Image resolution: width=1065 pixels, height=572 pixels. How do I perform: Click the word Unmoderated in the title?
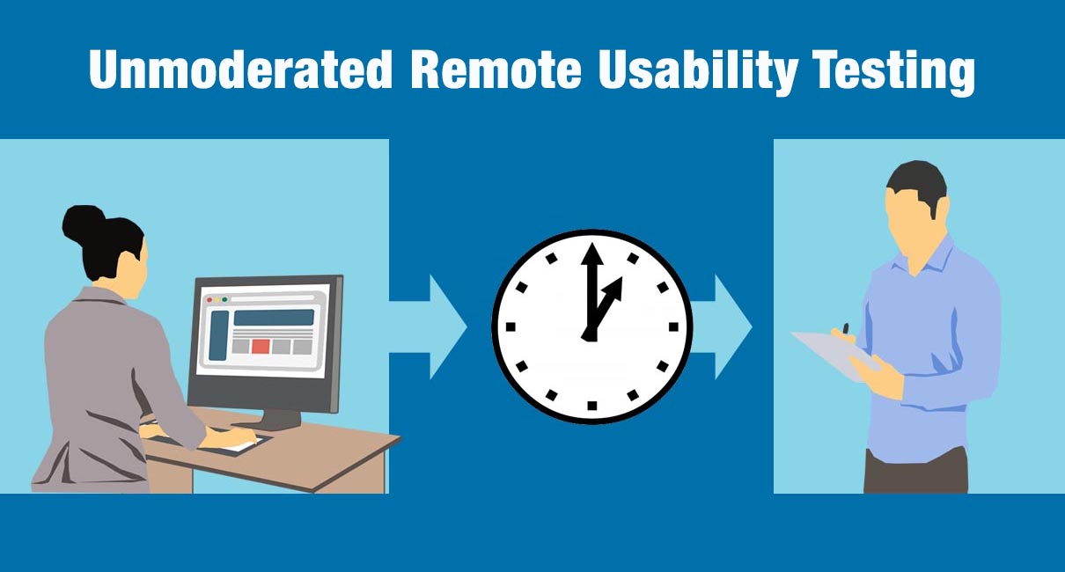[x=239, y=70]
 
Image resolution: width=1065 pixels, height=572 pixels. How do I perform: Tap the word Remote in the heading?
[x=495, y=70]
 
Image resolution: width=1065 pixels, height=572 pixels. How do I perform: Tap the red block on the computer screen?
[x=261, y=346]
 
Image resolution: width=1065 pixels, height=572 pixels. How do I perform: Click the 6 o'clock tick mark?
[x=591, y=405]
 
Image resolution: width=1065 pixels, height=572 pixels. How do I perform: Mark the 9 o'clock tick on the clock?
[x=510, y=326]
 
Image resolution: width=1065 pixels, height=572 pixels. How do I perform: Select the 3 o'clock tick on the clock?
[x=673, y=326]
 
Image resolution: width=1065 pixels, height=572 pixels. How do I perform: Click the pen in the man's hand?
[x=846, y=330]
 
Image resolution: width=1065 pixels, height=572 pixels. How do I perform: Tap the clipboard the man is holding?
[x=832, y=355]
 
